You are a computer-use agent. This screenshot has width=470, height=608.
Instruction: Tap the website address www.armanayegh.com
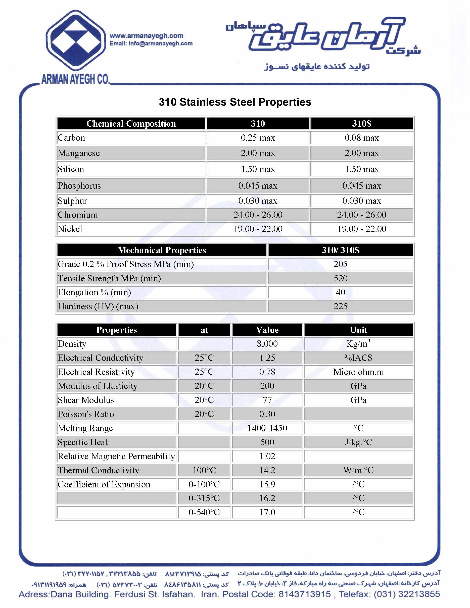coord(147,36)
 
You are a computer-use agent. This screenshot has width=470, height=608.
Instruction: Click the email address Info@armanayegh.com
coord(160,43)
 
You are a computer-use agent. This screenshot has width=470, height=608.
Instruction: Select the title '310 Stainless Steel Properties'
coord(235,102)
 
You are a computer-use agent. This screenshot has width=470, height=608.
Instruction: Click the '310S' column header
coord(361,124)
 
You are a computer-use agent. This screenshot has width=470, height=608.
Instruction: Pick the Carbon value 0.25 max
coord(258,138)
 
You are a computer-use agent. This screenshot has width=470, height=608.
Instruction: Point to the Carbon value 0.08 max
coord(361,138)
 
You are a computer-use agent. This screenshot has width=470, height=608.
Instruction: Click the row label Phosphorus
coord(79,186)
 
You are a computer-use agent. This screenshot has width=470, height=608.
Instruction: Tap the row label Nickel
coord(70,229)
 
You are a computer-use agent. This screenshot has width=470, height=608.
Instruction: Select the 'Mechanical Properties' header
coord(162,250)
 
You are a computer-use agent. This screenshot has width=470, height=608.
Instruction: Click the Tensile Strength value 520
coord(341,278)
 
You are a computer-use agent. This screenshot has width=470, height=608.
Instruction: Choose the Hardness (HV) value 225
coord(341,306)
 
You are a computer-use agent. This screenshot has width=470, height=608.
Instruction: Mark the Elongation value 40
coord(341,292)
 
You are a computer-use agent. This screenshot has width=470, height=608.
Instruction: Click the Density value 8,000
coord(267,344)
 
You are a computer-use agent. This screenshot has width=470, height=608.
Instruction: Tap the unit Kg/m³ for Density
coord(358,344)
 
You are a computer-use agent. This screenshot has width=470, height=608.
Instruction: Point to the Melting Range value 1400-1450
coord(267,428)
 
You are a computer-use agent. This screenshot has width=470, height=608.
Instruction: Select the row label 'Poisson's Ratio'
coord(86,414)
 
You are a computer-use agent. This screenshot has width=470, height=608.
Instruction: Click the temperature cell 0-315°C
coord(204,498)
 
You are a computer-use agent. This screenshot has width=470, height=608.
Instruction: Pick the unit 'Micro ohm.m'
coord(358,372)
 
